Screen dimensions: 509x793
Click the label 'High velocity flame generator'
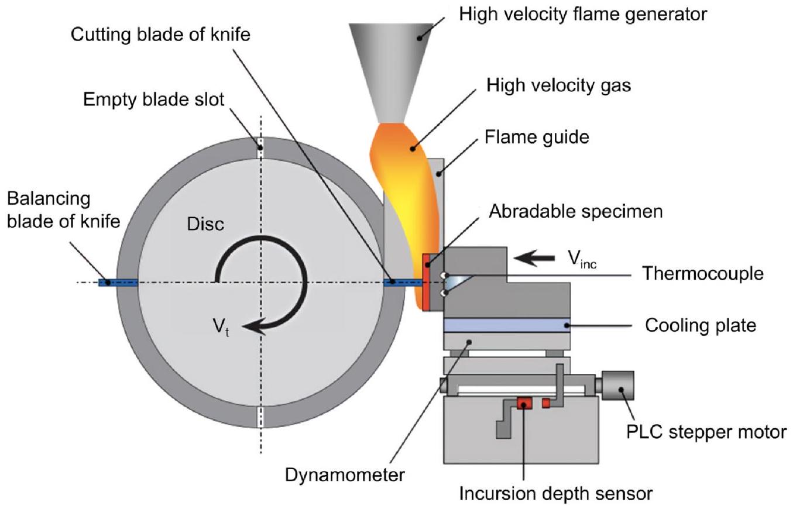pyautogui.click(x=583, y=13)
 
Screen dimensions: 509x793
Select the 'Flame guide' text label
pyautogui.click(x=536, y=137)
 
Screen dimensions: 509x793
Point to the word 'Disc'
pyautogui.click(x=205, y=223)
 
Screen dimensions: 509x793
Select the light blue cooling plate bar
pyautogui.click(x=507, y=325)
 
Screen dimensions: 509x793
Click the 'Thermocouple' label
pyautogui.click(x=702, y=273)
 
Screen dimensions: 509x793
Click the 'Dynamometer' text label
pyautogui.click(x=344, y=474)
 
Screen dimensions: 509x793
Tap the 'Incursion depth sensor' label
pyautogui.click(x=555, y=494)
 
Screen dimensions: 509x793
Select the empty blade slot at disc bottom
pyautogui.click(x=261, y=417)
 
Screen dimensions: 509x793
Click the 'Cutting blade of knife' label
pyautogui.click(x=160, y=35)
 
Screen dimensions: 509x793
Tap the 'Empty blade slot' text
pyautogui.click(x=153, y=99)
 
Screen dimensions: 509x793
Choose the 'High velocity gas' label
pyautogui.click(x=559, y=85)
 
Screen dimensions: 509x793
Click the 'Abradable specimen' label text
pyautogui.click(x=576, y=211)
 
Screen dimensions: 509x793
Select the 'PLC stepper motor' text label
pyautogui.click(x=706, y=432)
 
